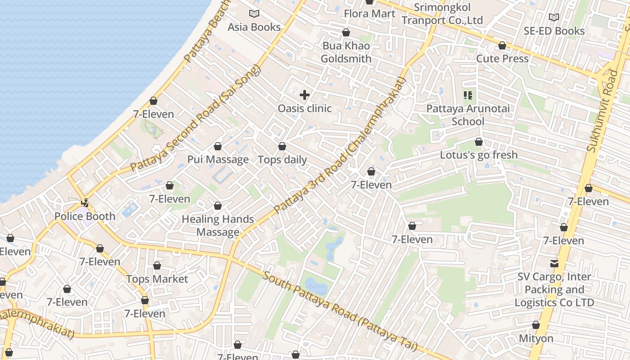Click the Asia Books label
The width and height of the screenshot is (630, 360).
coord(254,27)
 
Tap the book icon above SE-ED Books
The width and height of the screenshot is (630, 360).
coord(554,17)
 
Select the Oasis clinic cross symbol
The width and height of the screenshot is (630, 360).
coord(305,95)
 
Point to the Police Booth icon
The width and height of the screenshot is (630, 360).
coord(84,203)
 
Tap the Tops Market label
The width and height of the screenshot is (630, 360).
coord(157,279)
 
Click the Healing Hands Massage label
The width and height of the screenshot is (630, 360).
coord(218,226)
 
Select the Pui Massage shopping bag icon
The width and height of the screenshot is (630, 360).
coord(218,147)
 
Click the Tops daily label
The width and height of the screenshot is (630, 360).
coord(282,160)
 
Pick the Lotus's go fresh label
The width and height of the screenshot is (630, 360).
coord(479,155)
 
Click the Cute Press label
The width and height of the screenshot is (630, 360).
coord(502,58)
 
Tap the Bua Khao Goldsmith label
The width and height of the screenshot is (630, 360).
coord(346,52)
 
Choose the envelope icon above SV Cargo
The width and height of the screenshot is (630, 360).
coord(554,263)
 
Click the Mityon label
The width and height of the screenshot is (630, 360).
coord(536,338)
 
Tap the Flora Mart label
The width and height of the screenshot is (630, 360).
coord(369,13)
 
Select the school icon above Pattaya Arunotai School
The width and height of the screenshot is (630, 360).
coord(468,95)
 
